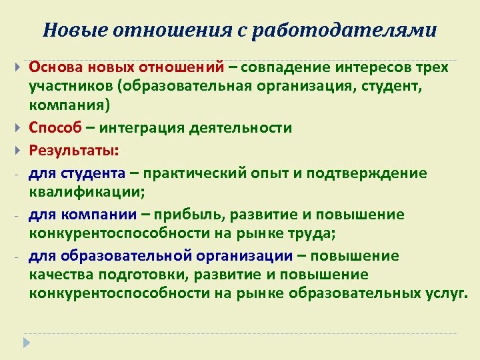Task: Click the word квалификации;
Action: point(86,191)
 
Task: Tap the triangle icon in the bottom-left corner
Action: point(27,342)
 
